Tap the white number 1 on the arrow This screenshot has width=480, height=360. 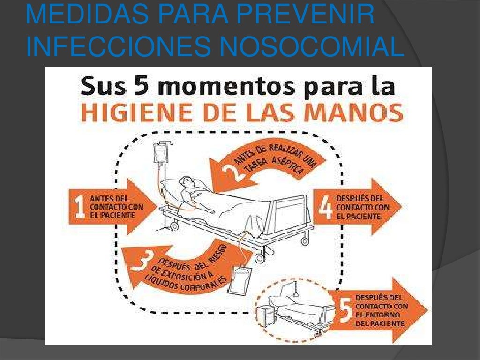pyautogui.click(x=80, y=207)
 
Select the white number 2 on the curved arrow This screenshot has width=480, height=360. pyautogui.click(x=232, y=172)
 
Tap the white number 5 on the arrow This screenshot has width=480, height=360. pyautogui.click(x=346, y=311)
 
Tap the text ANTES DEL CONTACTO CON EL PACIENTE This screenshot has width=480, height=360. pyautogui.click(x=116, y=207)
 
